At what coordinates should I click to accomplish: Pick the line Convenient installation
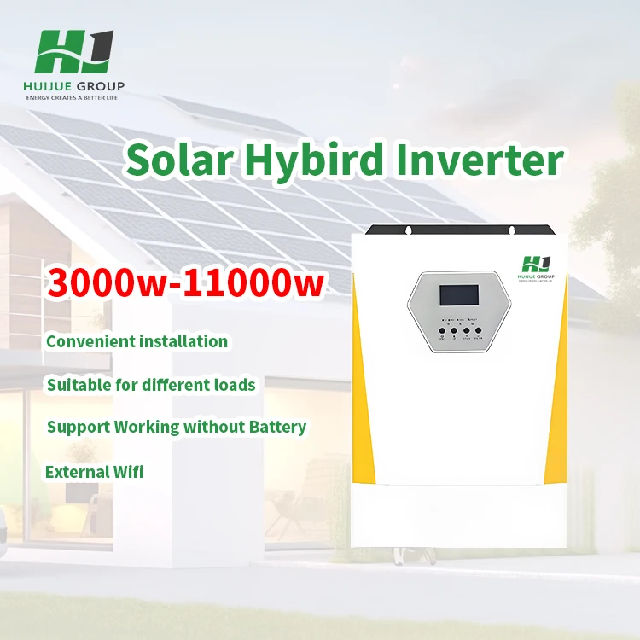(137, 341)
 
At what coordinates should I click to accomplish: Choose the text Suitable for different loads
(151, 385)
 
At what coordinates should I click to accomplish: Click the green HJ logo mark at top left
(74, 53)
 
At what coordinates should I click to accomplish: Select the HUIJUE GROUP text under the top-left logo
(75, 86)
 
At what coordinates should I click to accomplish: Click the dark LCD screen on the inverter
(459, 295)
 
